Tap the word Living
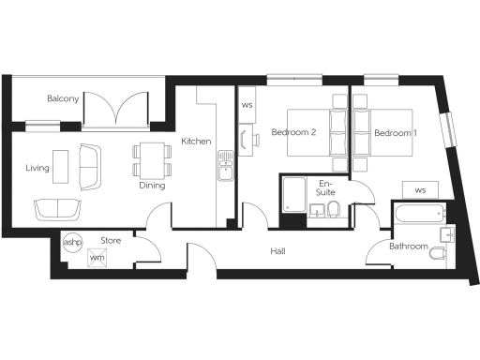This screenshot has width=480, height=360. tap(37, 168)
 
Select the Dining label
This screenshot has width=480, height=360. tap(152, 185)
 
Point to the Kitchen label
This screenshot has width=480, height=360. tap(196, 141)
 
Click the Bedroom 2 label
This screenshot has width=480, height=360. tap(292, 133)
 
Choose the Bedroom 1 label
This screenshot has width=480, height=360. tap(396, 133)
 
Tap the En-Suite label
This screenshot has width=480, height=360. tap(326, 187)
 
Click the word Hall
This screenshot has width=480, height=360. tap(278, 251)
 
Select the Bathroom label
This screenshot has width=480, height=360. tap(410, 247)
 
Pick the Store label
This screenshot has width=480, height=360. tap(112, 241)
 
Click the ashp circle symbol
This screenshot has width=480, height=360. tap(72, 241)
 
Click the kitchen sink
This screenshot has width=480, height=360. tap(226, 169)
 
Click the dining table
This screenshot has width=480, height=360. tap(150, 159)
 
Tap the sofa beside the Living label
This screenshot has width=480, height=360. tap(91, 164)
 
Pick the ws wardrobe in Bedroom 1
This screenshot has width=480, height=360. tap(419, 189)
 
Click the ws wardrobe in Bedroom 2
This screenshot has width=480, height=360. tap(247, 105)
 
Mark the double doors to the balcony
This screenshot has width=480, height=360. tap(116, 108)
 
